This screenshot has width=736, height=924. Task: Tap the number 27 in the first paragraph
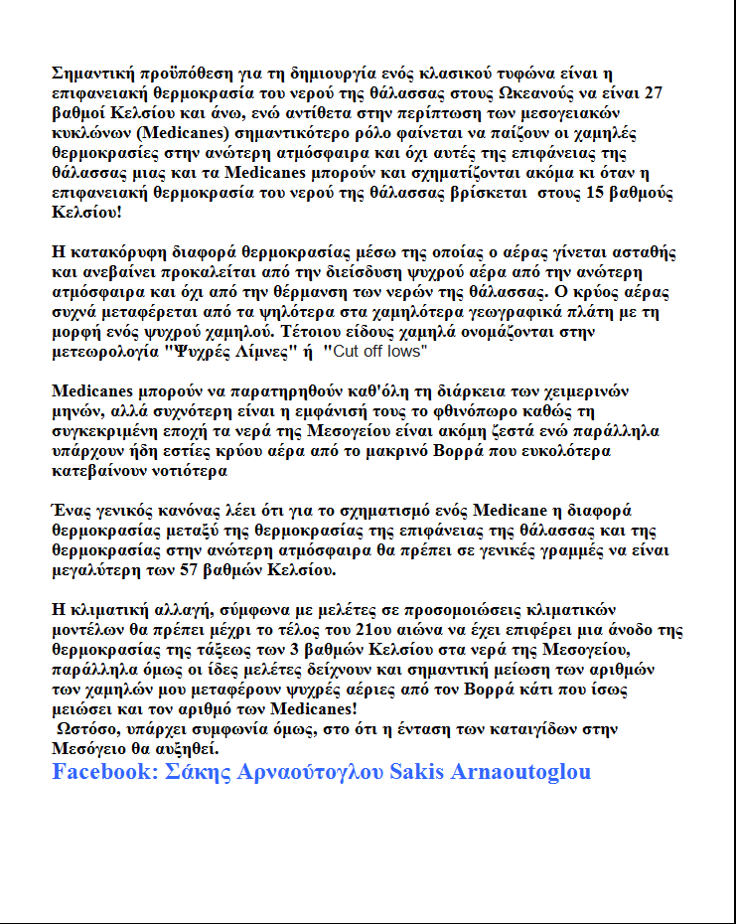click(x=654, y=92)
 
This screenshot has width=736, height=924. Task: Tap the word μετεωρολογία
click(x=102, y=352)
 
